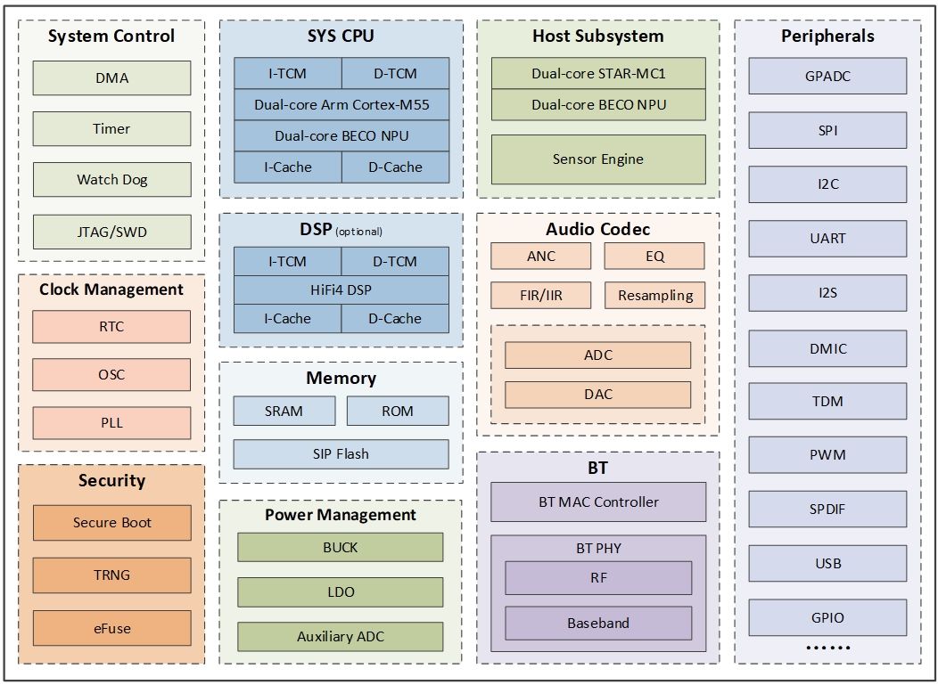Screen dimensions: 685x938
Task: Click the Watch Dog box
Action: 111,180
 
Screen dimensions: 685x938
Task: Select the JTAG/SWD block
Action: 111,232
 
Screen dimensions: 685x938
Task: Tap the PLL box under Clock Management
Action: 111,423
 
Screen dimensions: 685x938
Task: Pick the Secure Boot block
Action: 111,523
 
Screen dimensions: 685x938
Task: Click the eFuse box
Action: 111,628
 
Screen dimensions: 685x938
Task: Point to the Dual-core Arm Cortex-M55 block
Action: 341,105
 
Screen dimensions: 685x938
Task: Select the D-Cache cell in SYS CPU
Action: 395,167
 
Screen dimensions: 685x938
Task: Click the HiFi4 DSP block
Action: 341,289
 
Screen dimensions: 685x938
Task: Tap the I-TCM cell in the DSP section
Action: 287,262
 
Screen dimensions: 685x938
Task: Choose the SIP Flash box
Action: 341,454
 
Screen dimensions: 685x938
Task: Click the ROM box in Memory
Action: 398,411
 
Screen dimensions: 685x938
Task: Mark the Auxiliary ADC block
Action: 340,637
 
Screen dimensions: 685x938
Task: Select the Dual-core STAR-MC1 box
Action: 598,74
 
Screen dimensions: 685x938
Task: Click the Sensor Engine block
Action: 598,159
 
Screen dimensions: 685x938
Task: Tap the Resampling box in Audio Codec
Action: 654,296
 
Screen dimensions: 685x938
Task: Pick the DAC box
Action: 598,395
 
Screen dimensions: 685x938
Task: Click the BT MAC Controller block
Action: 598,502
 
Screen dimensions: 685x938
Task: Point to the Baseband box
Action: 598,624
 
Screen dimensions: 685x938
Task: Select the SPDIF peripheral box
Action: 827,510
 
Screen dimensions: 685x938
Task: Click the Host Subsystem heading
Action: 598,37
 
